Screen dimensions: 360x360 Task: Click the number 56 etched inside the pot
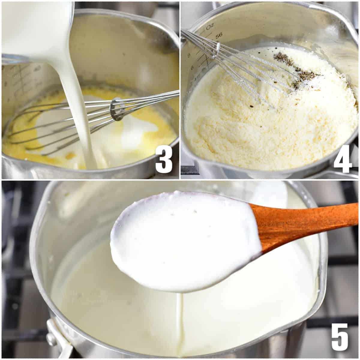click(219, 35)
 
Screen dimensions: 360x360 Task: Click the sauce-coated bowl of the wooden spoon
click(183, 240)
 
